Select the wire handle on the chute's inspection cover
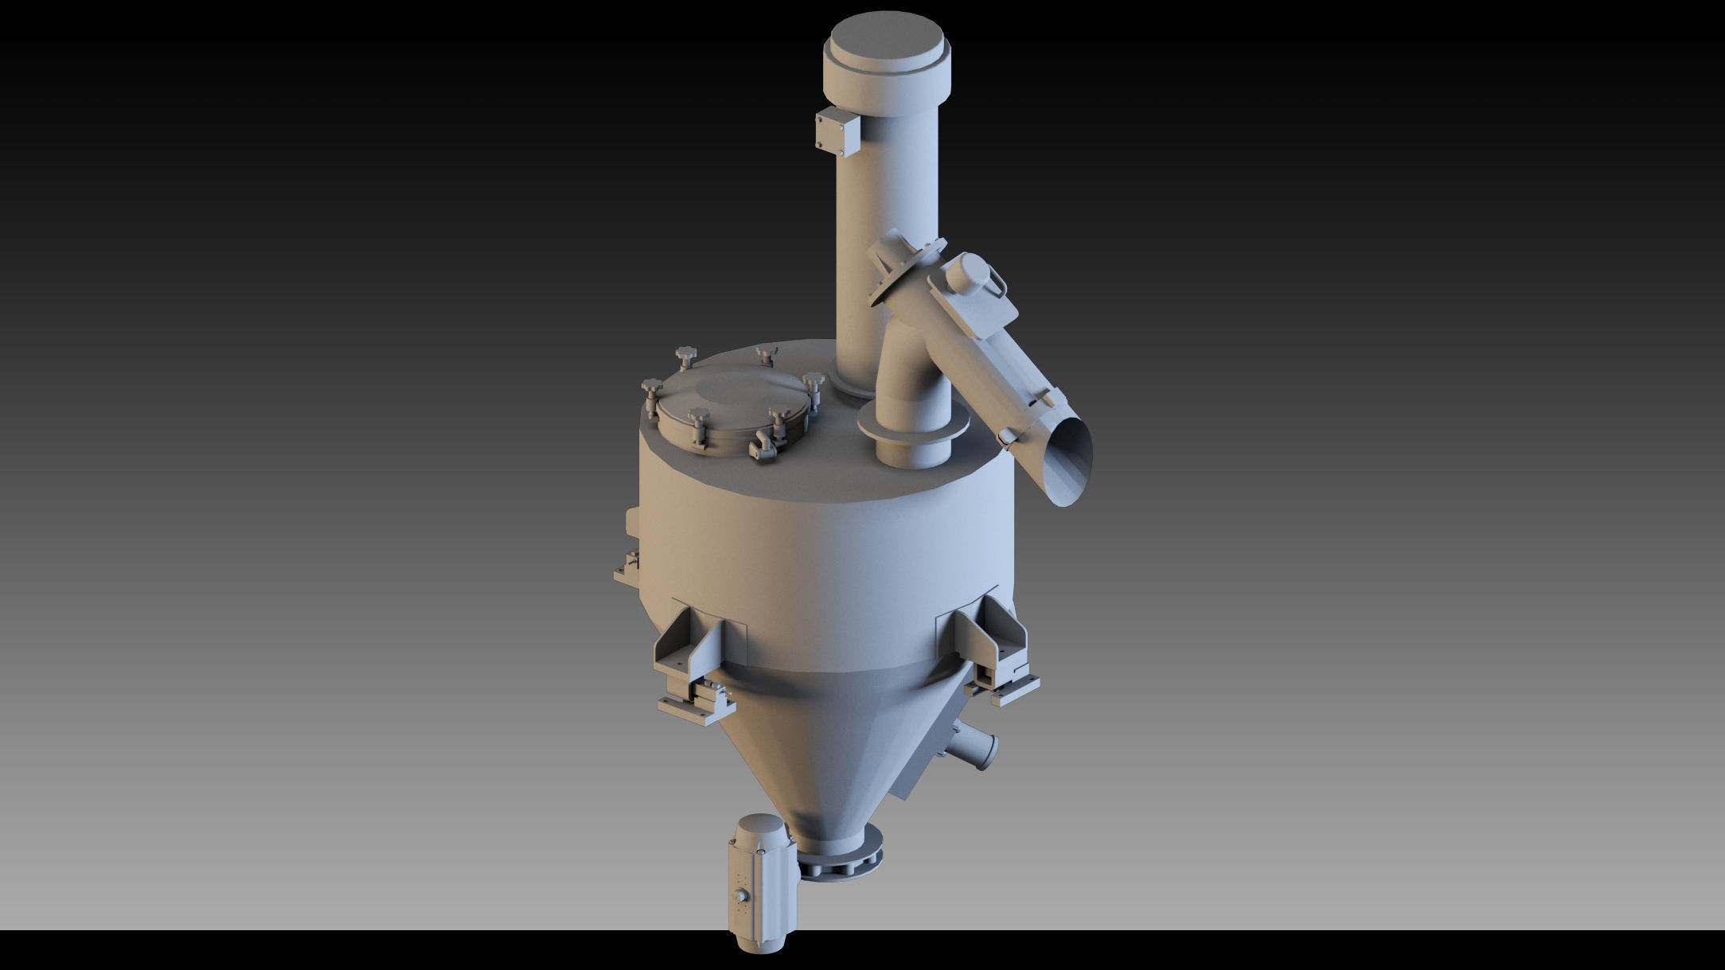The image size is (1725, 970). [997, 283]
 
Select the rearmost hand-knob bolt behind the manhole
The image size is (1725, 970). [765, 353]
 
